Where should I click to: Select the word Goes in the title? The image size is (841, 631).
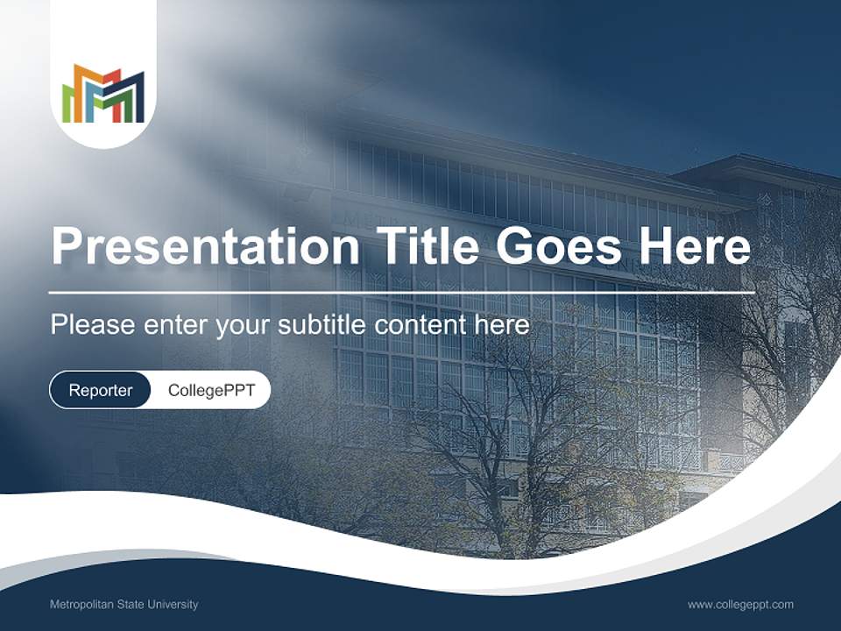click(x=558, y=247)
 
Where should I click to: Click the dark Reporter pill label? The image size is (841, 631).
click(x=100, y=390)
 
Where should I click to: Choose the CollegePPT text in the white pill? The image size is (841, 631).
click(x=211, y=390)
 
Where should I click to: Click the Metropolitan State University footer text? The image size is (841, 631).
click(x=124, y=605)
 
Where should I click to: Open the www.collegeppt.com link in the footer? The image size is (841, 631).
click(x=740, y=605)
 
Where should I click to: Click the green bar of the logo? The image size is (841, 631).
click(x=67, y=101)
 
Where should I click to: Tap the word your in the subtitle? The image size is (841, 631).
click(x=244, y=326)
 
